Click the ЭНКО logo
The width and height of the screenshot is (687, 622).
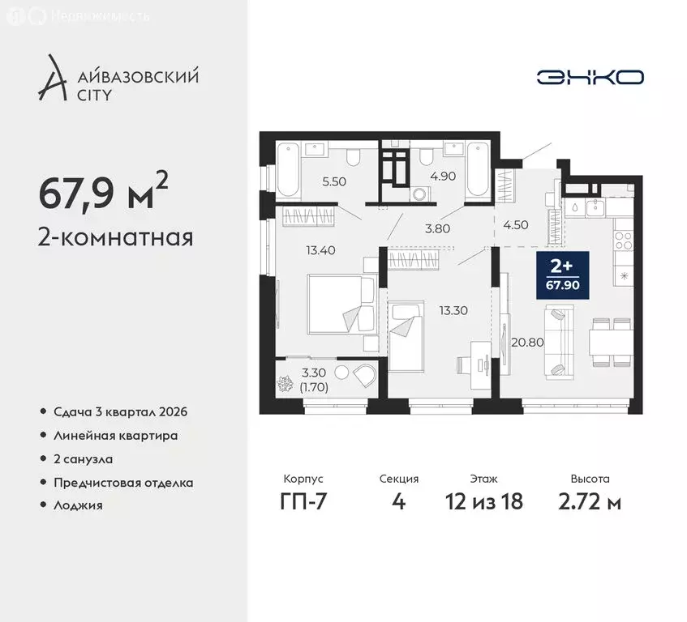590,77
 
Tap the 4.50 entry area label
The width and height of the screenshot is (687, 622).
516,225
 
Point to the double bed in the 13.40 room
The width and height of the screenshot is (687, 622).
341,301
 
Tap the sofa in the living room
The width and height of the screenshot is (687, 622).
560,341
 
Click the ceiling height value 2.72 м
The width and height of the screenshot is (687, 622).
590,501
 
